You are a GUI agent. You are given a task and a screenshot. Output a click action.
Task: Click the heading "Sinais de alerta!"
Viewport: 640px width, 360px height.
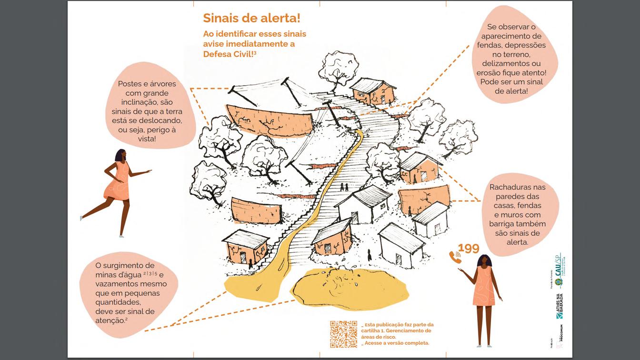(x=251, y=18)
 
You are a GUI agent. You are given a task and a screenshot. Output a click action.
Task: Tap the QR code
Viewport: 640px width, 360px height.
(x=343, y=334)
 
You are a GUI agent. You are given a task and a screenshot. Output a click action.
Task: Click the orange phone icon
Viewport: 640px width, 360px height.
(x=455, y=257)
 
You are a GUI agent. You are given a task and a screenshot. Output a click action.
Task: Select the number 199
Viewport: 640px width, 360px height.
(x=469, y=248)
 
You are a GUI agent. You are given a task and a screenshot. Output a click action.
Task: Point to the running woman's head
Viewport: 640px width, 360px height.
(x=120, y=156)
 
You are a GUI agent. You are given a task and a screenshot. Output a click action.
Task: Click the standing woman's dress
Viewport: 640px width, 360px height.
(x=484, y=286)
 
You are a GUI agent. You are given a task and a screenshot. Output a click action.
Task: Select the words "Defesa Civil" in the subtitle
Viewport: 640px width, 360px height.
(x=229, y=54)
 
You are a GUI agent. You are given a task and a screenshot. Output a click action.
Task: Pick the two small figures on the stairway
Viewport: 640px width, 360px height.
(x=344, y=187)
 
